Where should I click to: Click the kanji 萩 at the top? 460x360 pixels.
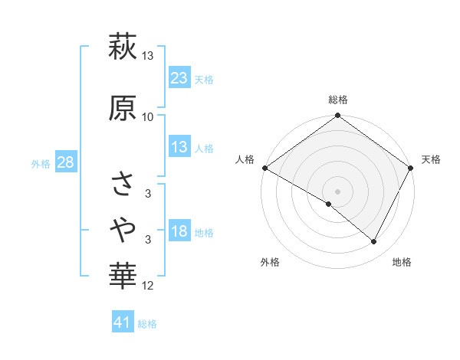pos(123,47)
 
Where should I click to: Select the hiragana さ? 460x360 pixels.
pos(123,183)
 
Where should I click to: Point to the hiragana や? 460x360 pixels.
pos(123,227)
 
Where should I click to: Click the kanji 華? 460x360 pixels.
pos(123,273)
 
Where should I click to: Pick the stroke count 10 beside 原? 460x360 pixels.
pos(148,116)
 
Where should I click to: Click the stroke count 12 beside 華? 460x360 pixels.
pos(148,286)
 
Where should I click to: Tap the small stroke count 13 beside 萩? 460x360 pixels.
pos(148,56)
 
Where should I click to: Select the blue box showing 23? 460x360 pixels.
pos(179,78)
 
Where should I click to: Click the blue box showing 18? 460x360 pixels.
pos(179,231)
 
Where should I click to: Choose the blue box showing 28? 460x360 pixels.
pos(65,162)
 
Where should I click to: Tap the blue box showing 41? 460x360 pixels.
pos(123,322)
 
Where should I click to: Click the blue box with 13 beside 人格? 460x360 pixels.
pos(179,147)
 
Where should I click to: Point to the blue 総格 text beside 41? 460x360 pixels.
pos(147,324)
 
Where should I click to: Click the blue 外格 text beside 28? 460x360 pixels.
pos(41,163)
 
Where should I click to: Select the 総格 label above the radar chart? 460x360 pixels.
pos(338,100)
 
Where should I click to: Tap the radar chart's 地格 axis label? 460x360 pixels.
pos(402,263)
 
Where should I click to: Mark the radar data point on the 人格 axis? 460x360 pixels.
pos(264,167)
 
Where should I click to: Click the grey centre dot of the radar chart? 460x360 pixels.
pos(337,191)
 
